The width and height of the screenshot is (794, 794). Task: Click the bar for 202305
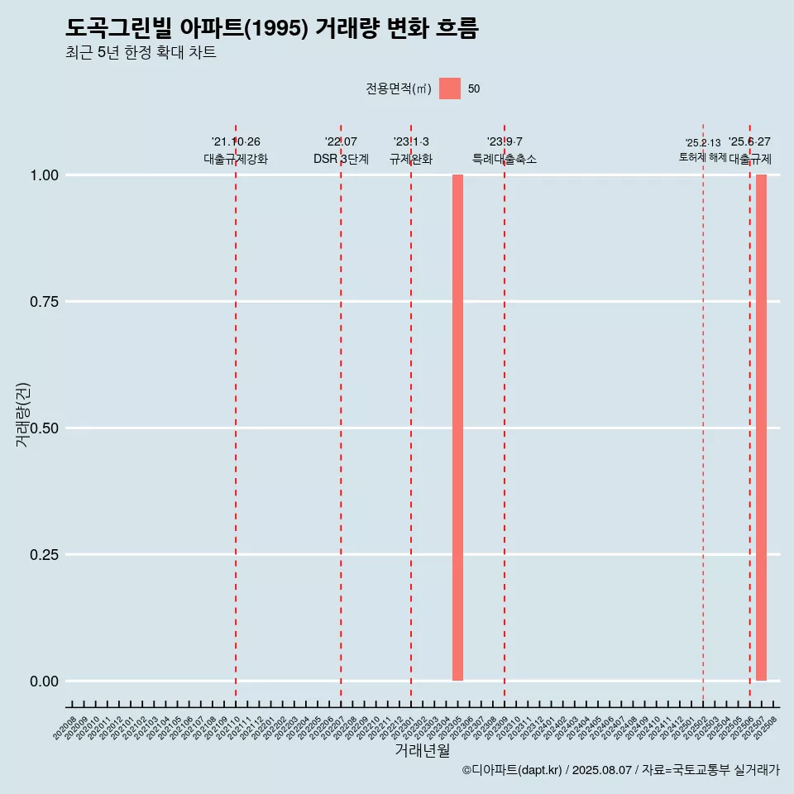pos(457,428)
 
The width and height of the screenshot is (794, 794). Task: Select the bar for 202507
pos(761,428)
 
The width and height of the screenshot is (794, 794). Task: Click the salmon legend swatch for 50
pos(450,88)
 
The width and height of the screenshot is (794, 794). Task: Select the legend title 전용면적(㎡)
pos(399,89)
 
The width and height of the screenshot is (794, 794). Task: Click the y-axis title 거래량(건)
pos(23,414)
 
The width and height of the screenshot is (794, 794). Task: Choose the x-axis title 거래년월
pos(423,750)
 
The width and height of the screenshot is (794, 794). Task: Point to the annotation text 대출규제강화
pos(236,159)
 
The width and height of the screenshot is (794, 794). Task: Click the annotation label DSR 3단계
pos(341,159)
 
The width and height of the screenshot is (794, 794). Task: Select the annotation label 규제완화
pos(411,159)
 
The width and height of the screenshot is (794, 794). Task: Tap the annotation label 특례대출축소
pos(505,159)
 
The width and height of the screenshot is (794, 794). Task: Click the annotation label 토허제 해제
pos(702,156)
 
